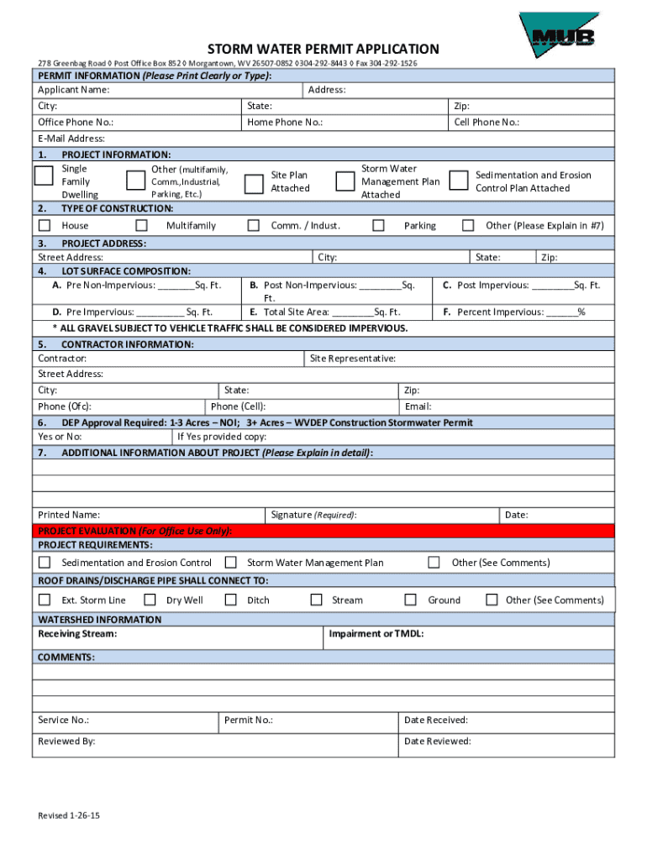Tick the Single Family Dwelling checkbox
click(44, 176)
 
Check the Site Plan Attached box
click(253, 184)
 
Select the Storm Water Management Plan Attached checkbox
click(345, 181)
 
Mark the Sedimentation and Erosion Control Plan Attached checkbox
click(458, 181)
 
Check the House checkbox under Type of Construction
click(45, 225)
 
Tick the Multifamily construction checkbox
click(141, 225)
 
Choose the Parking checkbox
click(378, 225)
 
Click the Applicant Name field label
click(73, 90)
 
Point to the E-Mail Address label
click(71, 139)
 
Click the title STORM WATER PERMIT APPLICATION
click(323, 50)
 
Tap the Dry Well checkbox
click(150, 600)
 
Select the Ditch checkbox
click(230, 600)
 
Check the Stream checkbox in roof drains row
click(316, 600)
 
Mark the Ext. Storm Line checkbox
click(45, 600)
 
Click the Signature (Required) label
click(313, 514)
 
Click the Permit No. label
click(248, 720)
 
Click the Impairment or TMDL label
click(376, 633)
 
